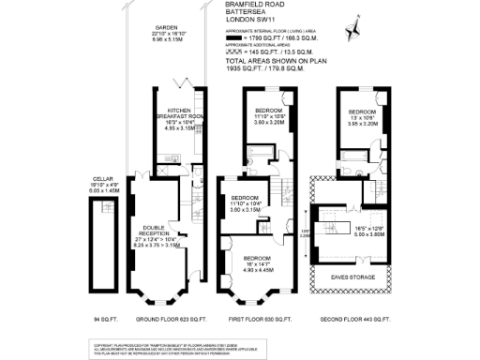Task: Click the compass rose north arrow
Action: pos(353,32)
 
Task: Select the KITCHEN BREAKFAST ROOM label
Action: pos(178,114)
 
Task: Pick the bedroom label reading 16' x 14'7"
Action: pos(252,265)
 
